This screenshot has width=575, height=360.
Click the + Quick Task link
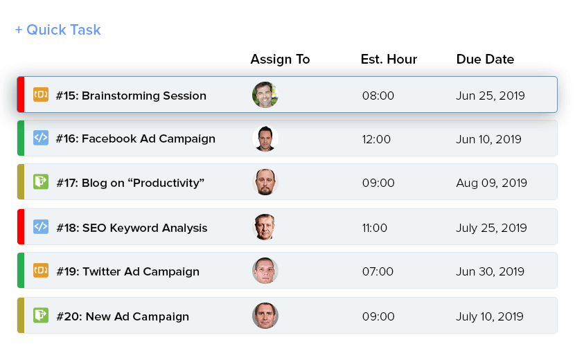[58, 30]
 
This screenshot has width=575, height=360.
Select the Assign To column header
[280, 60]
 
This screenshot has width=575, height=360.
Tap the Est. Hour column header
[389, 60]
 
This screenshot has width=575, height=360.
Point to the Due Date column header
[485, 60]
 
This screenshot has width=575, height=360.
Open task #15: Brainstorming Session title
[131, 96]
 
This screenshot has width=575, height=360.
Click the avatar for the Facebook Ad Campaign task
[265, 138]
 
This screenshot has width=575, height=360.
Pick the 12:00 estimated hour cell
[376, 139]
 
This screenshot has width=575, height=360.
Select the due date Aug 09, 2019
[491, 183]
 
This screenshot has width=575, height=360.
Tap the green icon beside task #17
[41, 182]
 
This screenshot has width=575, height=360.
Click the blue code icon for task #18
[41, 226]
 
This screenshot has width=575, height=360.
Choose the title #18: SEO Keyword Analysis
[132, 228]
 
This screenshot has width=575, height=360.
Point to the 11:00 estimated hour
[374, 228]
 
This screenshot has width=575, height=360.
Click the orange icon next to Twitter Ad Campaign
[41, 270]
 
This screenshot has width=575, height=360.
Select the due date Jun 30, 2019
[490, 271]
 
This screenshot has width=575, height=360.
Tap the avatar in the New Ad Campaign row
[265, 316]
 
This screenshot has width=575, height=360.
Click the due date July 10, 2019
[490, 317]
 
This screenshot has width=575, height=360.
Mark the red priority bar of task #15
[21, 95]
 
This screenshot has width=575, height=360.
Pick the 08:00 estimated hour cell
[378, 96]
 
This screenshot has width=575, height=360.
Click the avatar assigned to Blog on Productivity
[265, 182]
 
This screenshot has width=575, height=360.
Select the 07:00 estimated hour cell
[378, 271]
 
